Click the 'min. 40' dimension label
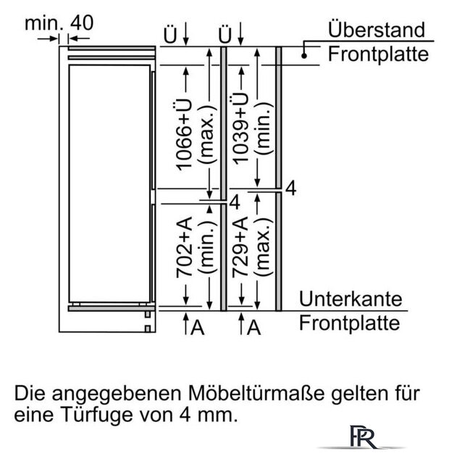[x=59, y=22]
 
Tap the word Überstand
[x=377, y=29]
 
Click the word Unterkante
[x=351, y=299]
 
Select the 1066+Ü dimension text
[x=183, y=135]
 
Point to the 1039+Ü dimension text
[x=240, y=128]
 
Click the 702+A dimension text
[x=183, y=247]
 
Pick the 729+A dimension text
[x=240, y=247]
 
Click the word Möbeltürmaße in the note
[x=256, y=393]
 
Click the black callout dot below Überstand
[x=304, y=55]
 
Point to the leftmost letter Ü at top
[x=170, y=35]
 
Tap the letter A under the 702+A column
[x=197, y=327]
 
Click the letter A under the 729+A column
[x=253, y=327]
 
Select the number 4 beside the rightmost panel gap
[x=291, y=188]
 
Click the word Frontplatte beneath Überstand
[x=378, y=54]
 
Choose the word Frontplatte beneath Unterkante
[x=349, y=323]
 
